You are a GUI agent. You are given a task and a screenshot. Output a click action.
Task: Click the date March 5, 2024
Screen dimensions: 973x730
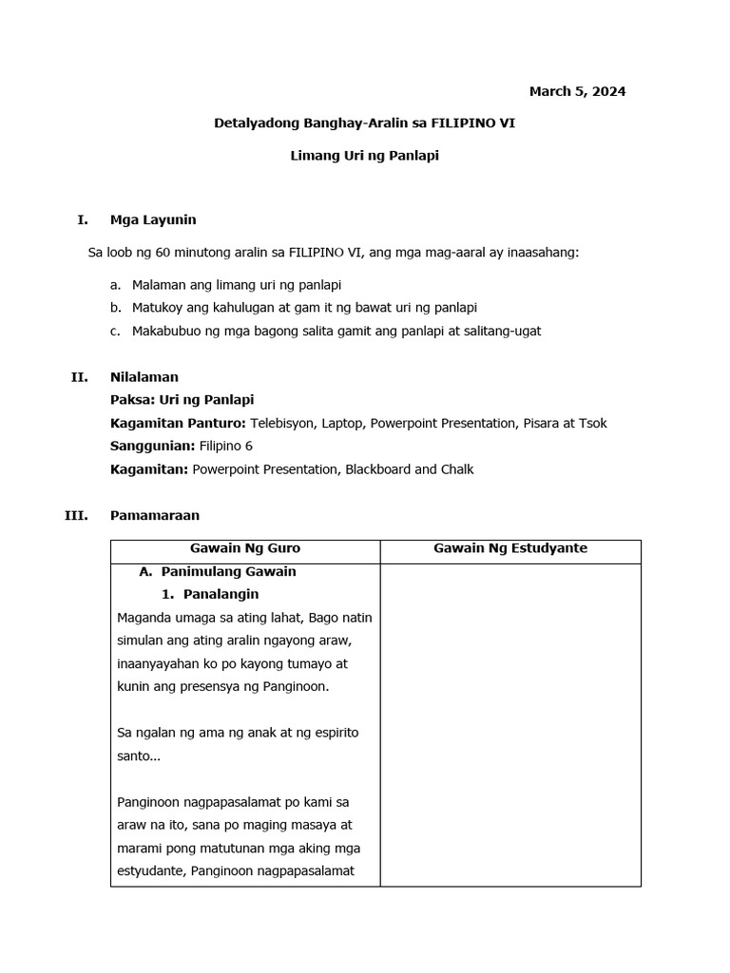tap(577, 92)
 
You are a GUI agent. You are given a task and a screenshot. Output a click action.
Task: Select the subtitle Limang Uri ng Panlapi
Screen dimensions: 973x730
tap(364, 155)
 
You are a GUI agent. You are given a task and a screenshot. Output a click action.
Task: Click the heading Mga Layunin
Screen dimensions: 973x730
tap(153, 220)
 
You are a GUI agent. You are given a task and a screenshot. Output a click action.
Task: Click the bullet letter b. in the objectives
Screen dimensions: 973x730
tap(115, 308)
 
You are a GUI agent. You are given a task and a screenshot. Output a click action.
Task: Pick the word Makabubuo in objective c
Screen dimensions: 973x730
tap(164, 331)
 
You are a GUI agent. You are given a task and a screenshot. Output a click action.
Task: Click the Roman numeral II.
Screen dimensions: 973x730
tap(79, 377)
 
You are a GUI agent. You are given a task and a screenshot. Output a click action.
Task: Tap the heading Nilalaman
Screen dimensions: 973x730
tap(144, 377)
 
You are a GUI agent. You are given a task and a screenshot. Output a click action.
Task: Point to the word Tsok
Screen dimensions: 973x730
tap(592, 423)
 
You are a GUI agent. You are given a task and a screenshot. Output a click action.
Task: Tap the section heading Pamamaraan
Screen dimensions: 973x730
tap(155, 515)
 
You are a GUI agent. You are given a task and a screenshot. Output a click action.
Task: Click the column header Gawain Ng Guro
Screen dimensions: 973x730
tap(245, 548)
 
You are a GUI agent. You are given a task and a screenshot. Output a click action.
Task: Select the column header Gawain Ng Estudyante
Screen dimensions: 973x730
tap(510, 548)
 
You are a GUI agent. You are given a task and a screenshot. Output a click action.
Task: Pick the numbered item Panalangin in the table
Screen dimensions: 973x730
tap(221, 595)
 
